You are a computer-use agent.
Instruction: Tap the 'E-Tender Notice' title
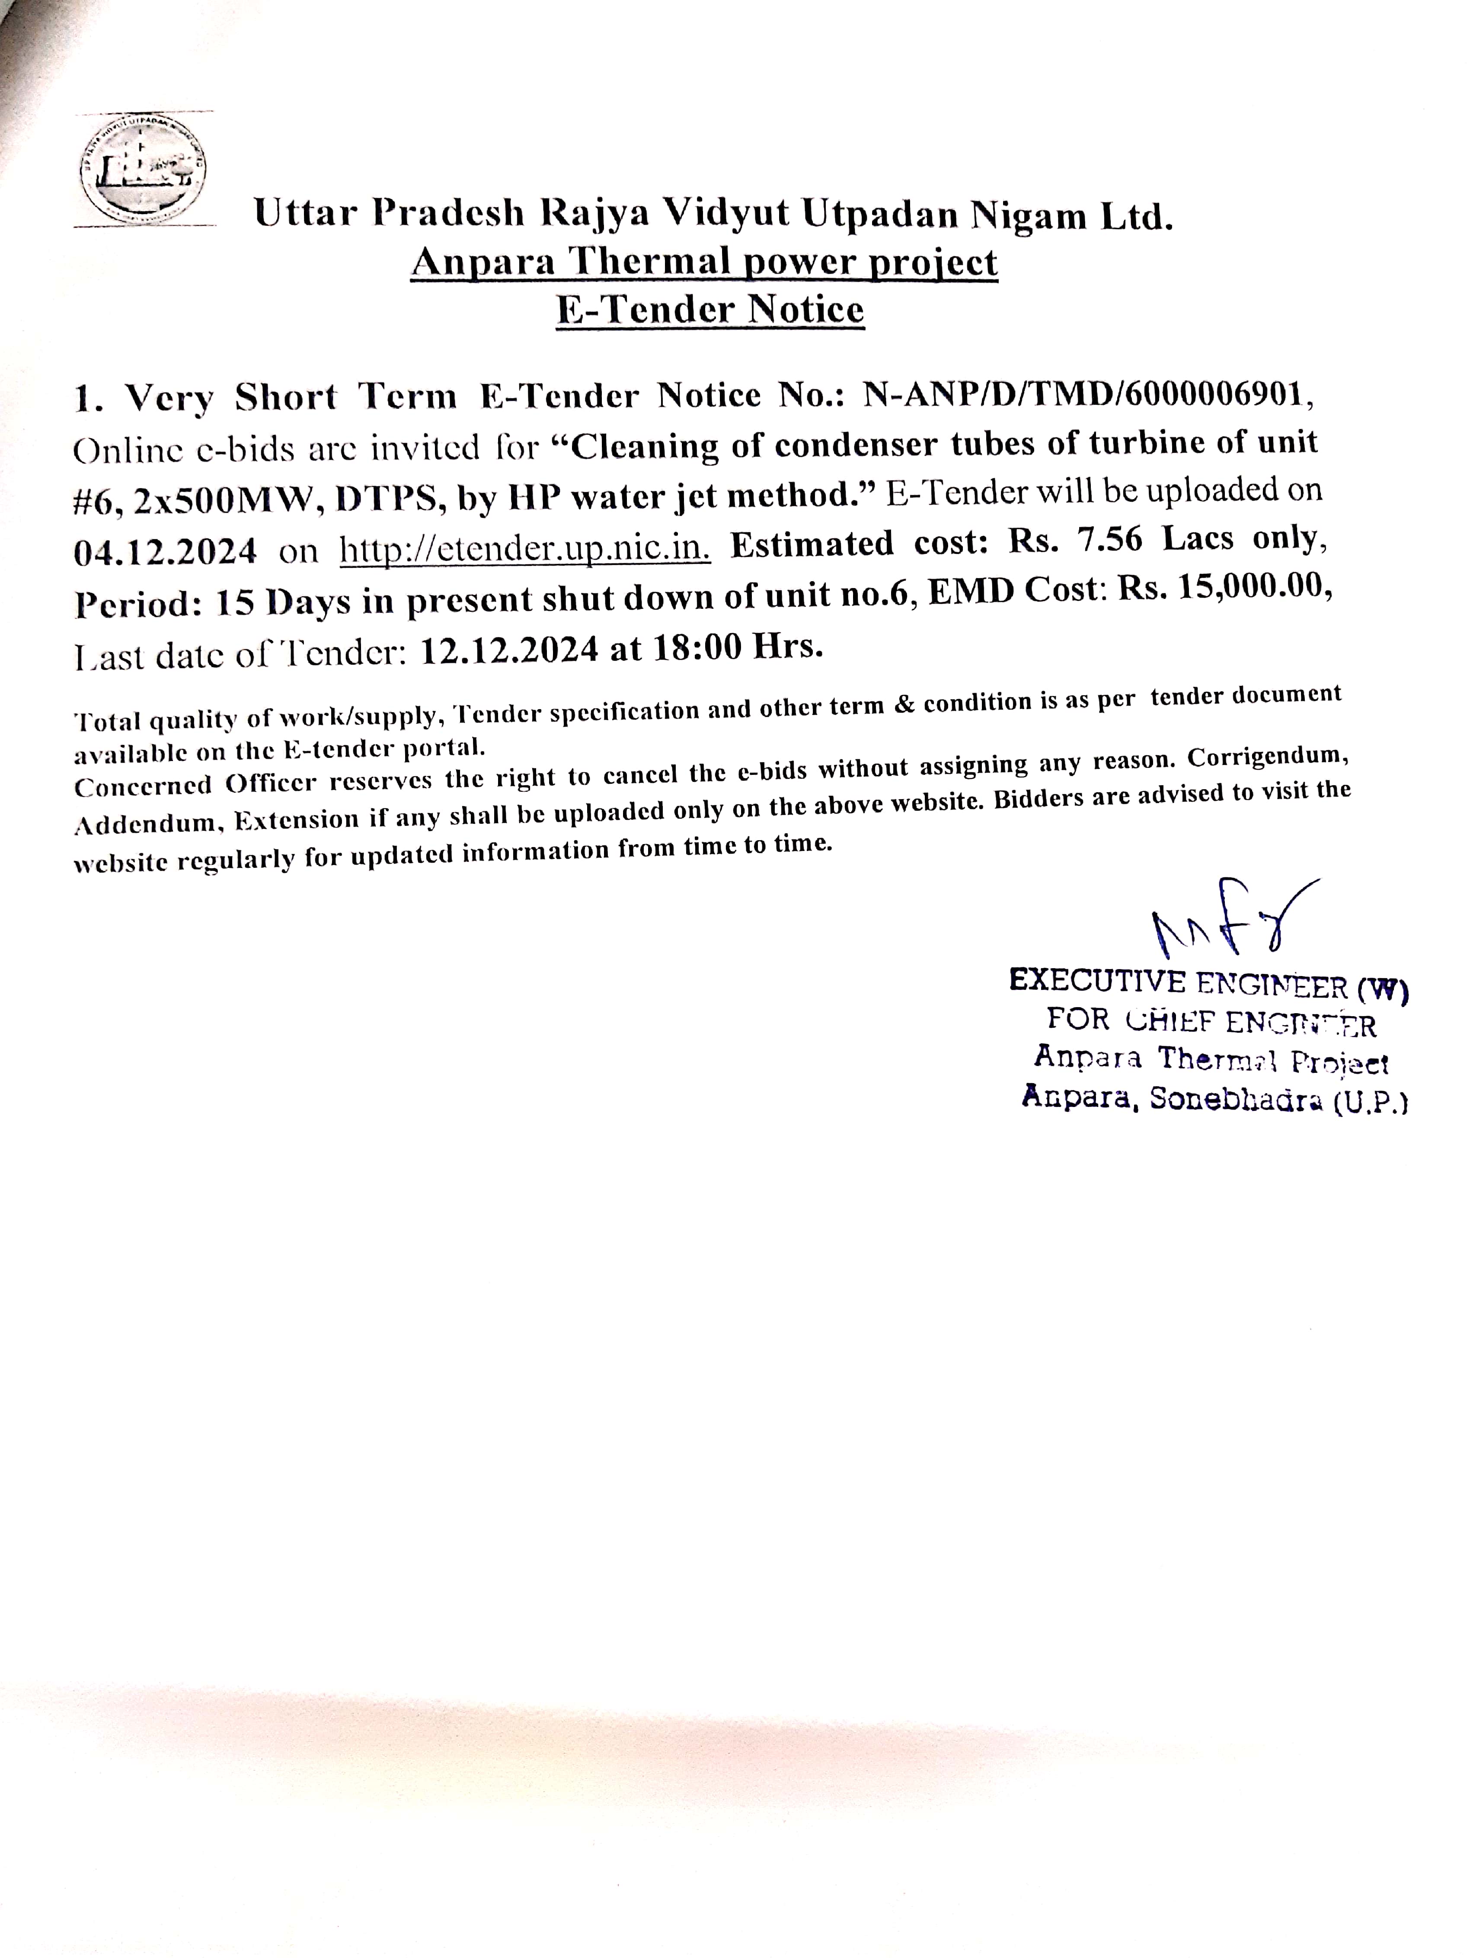710,310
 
